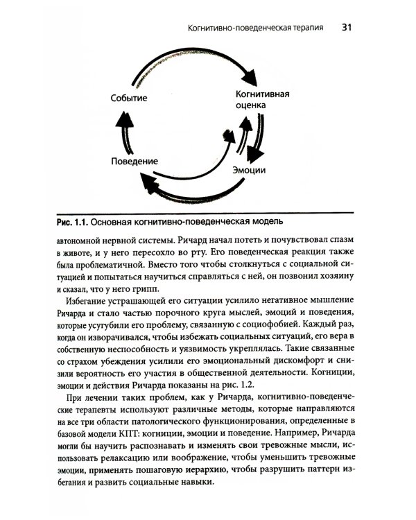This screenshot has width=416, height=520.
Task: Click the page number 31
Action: [347, 28]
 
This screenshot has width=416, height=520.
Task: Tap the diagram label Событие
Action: [129, 98]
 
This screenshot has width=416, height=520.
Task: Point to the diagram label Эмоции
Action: [251, 169]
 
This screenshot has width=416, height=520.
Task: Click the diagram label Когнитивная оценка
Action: [262, 100]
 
